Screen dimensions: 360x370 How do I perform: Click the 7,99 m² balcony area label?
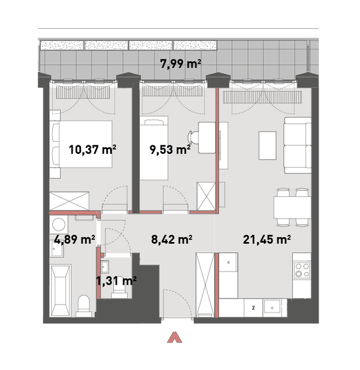pyautogui.click(x=181, y=64)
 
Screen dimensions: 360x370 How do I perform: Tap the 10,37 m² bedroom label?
pyautogui.click(x=92, y=150)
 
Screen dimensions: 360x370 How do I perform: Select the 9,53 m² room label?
pyautogui.click(x=170, y=150)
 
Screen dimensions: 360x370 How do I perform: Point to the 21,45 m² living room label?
pyautogui.click(x=266, y=240)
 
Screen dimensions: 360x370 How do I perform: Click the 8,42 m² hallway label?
pyautogui.click(x=172, y=240)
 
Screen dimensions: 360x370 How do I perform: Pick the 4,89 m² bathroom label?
pyautogui.click(x=74, y=240)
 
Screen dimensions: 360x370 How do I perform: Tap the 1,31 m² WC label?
pyautogui.click(x=116, y=281)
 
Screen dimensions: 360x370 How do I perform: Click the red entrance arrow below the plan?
pyautogui.click(x=175, y=338)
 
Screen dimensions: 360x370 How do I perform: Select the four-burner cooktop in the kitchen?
pyautogui.click(x=302, y=270)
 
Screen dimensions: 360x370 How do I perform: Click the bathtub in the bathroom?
pyautogui.click(x=60, y=291)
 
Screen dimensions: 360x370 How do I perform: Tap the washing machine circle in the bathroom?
pyautogui.click(x=59, y=224)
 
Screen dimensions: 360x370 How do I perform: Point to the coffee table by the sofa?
pyautogui.click(x=268, y=145)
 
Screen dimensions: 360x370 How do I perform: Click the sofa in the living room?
pyautogui.click(x=298, y=145)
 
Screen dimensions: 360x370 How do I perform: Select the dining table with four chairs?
pyautogui.click(x=292, y=207)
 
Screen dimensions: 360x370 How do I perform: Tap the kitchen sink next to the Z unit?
pyautogui.click(x=272, y=308)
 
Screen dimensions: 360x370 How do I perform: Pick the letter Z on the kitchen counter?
pyautogui.click(x=253, y=308)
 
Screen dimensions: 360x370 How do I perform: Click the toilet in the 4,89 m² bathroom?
pyautogui.click(x=83, y=306)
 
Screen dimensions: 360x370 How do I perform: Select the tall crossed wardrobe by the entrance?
pyautogui.click(x=205, y=285)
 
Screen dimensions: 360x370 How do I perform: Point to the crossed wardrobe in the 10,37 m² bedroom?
pyautogui.click(x=69, y=201)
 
